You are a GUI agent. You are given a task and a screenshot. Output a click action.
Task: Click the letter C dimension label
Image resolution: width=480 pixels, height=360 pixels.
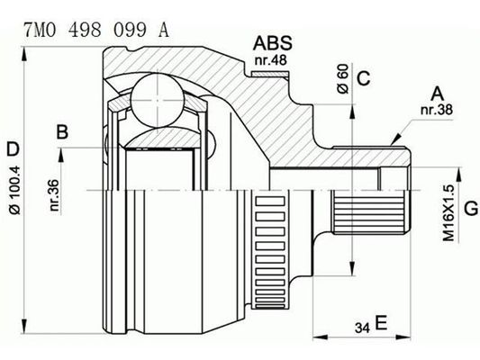[364, 78]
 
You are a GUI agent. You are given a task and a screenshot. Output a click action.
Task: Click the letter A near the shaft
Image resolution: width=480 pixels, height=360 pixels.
[437, 93]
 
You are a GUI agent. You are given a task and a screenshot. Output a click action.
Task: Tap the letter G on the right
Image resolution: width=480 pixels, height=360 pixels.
[470, 211]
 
